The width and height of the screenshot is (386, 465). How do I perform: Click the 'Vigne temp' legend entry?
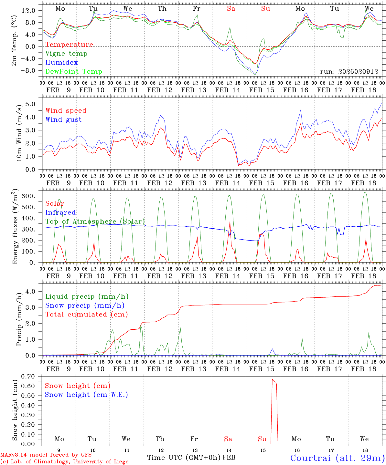(x=66, y=54)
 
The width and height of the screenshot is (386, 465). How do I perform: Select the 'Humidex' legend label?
(x=61, y=63)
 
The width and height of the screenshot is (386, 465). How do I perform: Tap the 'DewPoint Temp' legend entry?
(x=74, y=72)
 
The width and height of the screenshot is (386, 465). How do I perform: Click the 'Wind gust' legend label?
(x=63, y=119)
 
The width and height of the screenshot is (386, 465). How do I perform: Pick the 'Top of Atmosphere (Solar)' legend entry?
(x=95, y=222)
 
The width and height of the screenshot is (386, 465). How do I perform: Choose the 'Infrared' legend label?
(x=60, y=212)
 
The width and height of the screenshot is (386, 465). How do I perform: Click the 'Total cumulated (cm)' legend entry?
(x=87, y=315)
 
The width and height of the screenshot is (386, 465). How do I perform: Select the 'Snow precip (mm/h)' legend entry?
(x=85, y=305)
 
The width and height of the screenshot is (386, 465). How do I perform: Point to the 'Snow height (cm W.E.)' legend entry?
(x=86, y=395)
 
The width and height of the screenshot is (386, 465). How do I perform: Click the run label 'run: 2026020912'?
(x=349, y=71)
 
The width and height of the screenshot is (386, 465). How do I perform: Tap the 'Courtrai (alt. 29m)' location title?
(x=337, y=458)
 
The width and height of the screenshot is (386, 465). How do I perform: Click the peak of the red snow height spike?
(x=272, y=379)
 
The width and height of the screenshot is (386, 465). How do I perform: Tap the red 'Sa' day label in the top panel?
(x=231, y=9)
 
